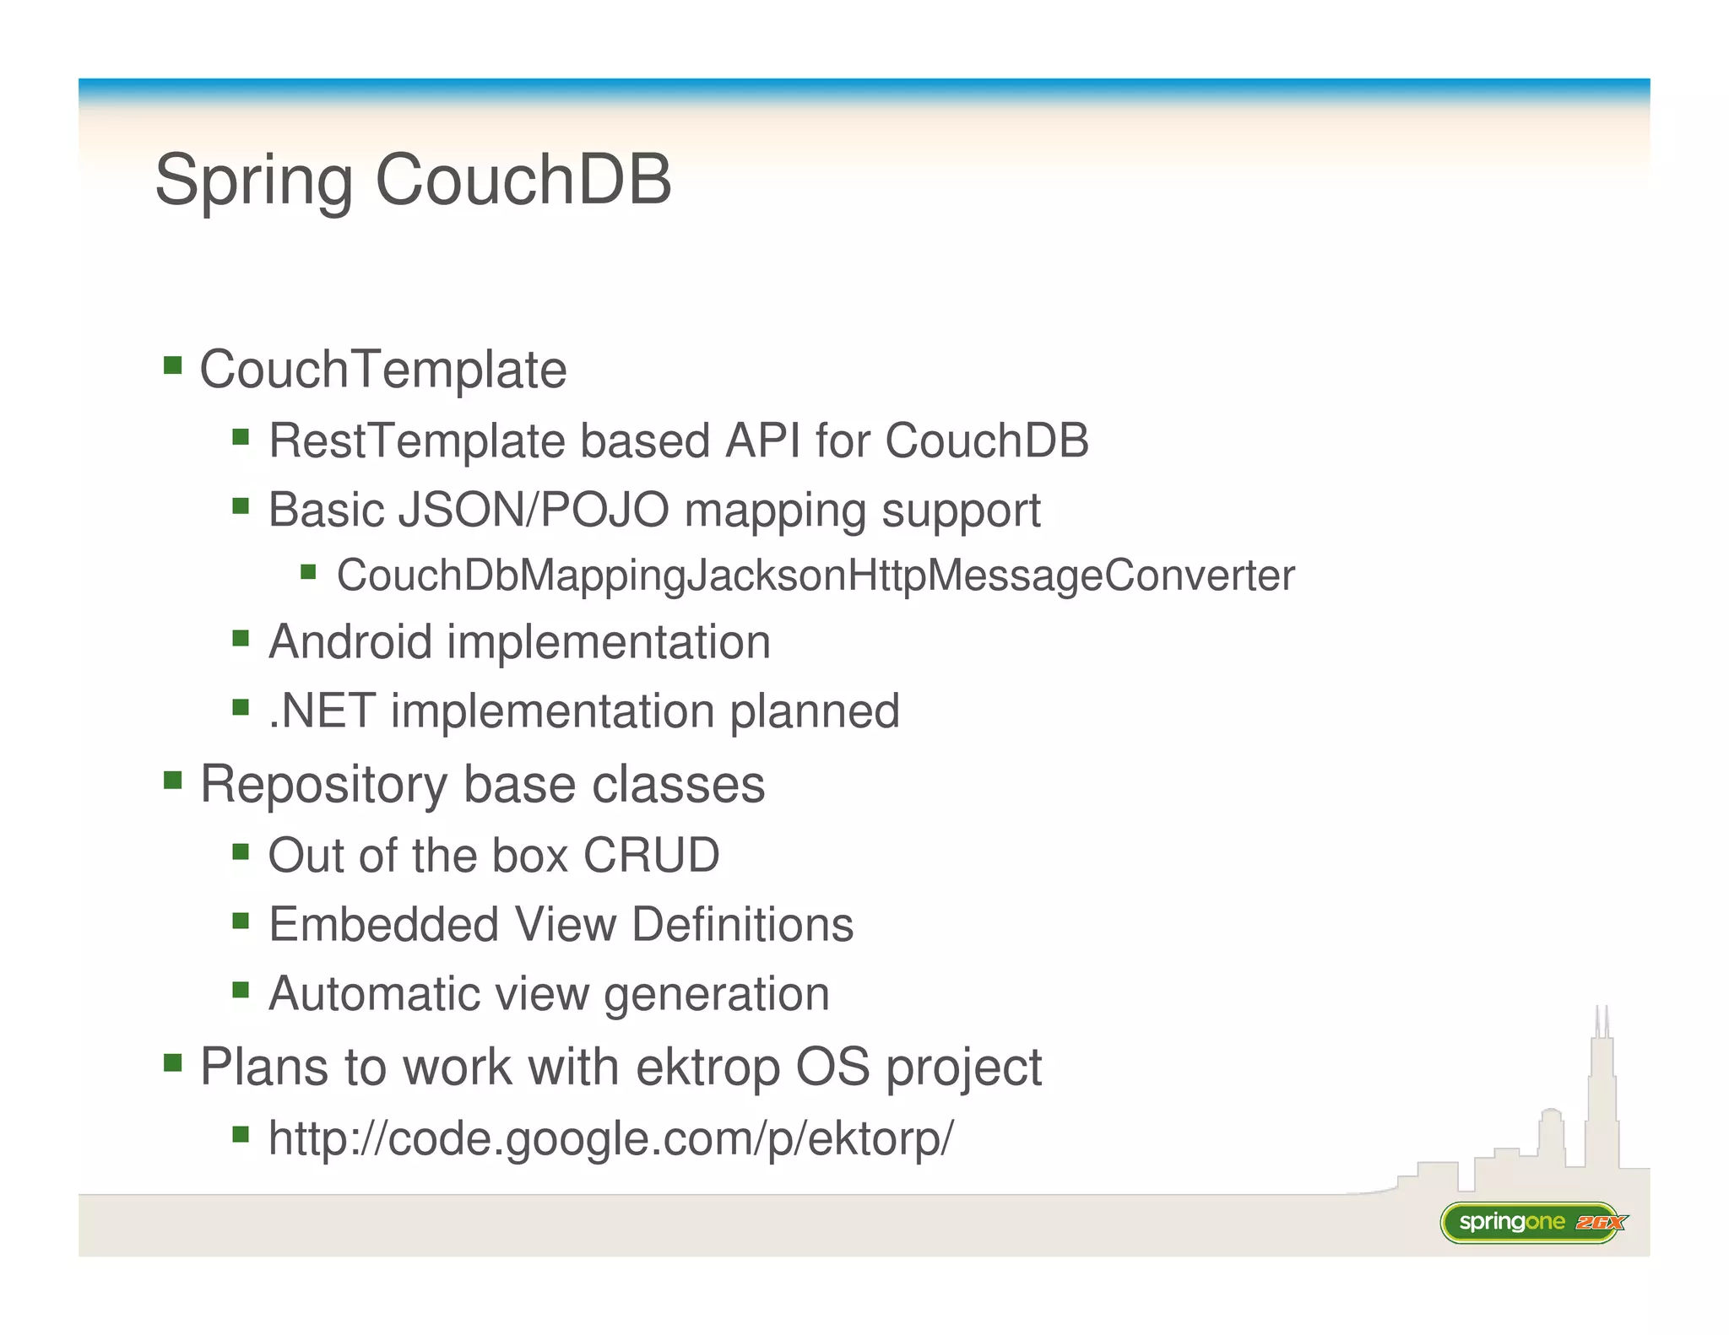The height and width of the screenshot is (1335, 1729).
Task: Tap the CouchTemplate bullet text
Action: pos(382,370)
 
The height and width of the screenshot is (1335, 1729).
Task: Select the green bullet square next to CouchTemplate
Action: pos(173,365)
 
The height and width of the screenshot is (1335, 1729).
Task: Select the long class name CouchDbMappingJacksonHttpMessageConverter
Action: pos(815,576)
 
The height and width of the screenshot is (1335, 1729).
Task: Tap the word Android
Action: pos(350,642)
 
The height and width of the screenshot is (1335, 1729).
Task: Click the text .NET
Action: pos(322,711)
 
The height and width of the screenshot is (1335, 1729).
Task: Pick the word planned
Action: pos(814,711)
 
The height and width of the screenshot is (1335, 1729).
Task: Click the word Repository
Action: pos(323,785)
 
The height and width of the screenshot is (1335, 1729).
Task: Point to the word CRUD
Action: pos(651,855)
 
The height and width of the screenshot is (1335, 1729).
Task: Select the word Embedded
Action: pos(383,924)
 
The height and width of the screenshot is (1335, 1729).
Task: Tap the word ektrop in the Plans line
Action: pos(707,1067)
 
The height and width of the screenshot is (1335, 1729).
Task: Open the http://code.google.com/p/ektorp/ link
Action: pos(610,1138)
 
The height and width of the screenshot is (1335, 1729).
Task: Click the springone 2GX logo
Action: pos(1532,1222)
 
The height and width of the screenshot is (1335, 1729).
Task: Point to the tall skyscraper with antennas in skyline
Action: pos(1602,1097)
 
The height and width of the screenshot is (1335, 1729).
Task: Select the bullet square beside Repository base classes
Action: pos(173,779)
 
